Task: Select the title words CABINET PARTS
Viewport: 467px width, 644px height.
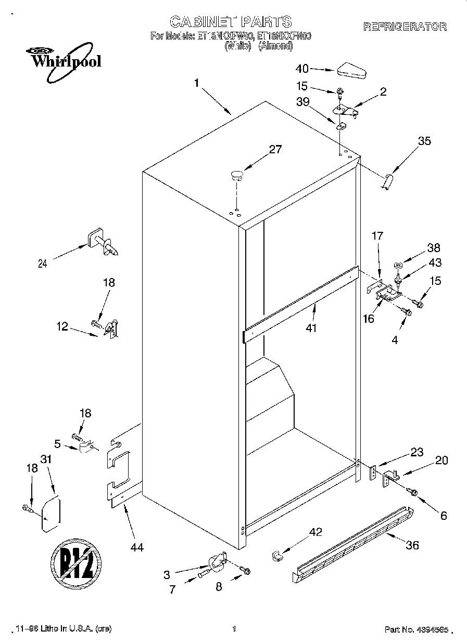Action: (231, 22)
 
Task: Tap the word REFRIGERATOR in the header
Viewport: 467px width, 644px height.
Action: (405, 27)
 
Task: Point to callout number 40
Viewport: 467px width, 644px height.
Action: (302, 69)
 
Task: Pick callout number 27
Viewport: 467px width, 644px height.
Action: (275, 150)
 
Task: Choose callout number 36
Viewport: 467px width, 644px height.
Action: (411, 545)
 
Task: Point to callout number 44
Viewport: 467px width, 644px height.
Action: (137, 547)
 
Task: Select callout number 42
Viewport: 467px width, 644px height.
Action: (315, 532)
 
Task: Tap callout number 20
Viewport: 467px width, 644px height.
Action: (441, 460)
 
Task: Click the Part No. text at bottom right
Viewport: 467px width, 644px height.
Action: (416, 629)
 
